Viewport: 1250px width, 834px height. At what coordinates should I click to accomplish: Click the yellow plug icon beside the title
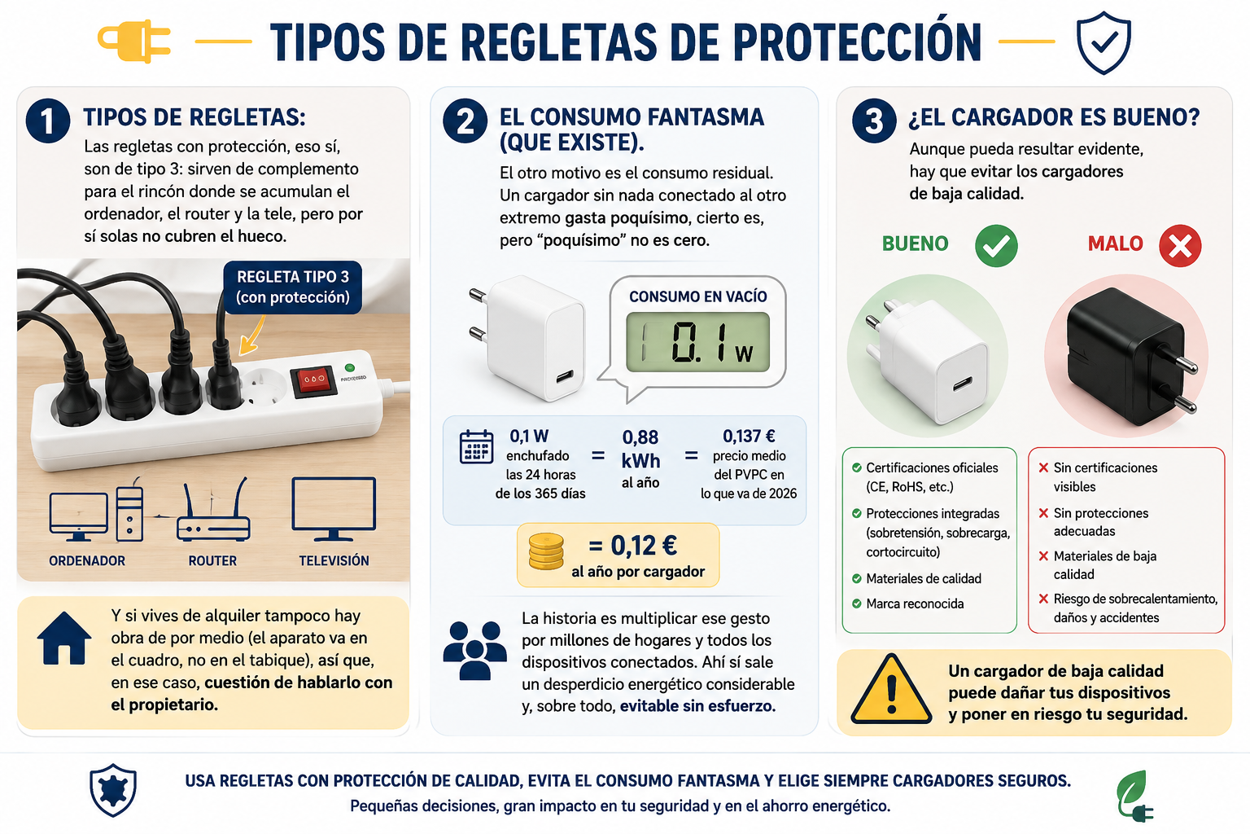(134, 42)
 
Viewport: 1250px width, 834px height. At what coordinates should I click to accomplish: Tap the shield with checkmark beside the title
(1104, 42)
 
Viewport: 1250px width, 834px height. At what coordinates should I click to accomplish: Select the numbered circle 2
(465, 121)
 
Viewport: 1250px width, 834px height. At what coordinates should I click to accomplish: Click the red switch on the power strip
(312, 380)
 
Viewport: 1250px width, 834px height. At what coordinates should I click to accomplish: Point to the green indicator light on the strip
(350, 367)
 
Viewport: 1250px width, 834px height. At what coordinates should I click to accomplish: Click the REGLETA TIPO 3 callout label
(293, 288)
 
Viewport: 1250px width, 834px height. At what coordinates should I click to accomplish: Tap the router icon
(213, 510)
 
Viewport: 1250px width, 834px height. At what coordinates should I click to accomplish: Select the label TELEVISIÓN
(334, 561)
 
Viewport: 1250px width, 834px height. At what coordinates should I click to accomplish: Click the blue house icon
(64, 638)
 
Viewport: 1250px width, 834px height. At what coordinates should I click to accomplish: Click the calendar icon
(476, 447)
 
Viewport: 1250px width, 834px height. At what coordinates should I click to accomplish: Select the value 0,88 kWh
(640, 449)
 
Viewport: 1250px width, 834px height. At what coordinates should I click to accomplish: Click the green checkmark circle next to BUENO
(996, 246)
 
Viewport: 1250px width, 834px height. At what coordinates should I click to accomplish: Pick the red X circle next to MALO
(1180, 246)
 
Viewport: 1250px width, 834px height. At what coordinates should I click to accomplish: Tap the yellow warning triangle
(891, 690)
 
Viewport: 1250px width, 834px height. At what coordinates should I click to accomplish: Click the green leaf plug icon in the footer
(1134, 796)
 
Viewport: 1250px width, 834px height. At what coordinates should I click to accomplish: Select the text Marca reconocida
(915, 604)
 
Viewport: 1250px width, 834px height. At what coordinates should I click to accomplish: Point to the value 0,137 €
(749, 437)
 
